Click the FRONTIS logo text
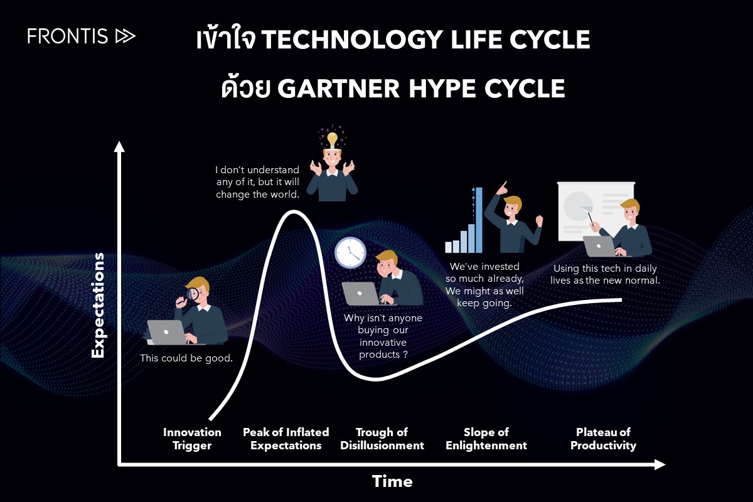point(68,36)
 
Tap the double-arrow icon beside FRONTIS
point(125,36)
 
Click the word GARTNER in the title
point(339,88)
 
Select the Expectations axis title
point(98,306)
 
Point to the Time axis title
point(392,481)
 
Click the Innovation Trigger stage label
point(192,439)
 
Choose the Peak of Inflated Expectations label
point(286,439)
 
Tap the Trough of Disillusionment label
point(382,439)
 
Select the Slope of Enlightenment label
point(486,439)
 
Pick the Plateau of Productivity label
point(603,439)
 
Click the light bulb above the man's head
point(332,138)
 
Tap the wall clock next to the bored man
point(350,252)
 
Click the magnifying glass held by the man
point(193,293)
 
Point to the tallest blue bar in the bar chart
point(479,220)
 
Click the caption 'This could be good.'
point(186,358)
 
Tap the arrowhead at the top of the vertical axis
point(119,147)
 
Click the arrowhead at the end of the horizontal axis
point(659,464)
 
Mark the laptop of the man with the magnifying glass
point(166,333)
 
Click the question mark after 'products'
point(405,355)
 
